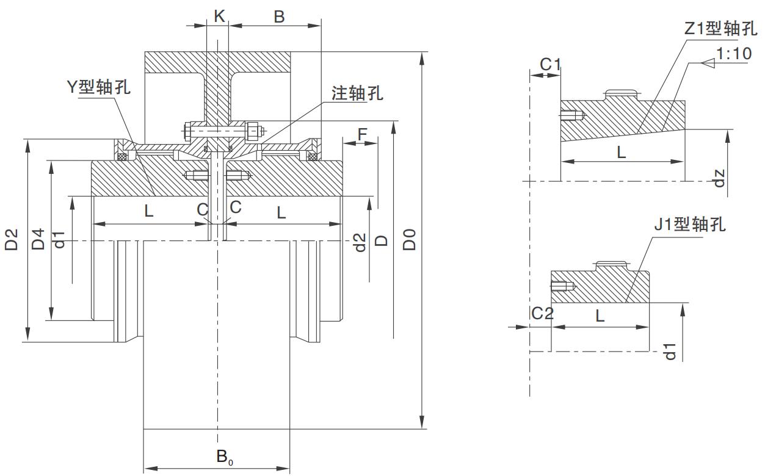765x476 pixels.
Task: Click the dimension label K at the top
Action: point(219,16)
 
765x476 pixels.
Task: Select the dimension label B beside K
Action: point(279,16)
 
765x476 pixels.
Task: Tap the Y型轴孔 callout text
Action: point(98,87)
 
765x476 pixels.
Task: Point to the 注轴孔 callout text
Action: point(357,93)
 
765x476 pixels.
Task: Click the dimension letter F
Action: point(363,134)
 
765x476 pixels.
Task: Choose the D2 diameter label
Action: point(12,240)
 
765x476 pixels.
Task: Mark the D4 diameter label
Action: point(38,240)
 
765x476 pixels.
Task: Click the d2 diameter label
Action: point(360,242)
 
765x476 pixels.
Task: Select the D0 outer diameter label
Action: point(410,240)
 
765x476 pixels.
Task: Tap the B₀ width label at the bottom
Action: point(223,456)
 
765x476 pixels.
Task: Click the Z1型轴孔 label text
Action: point(720,29)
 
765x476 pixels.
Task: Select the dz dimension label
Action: point(720,178)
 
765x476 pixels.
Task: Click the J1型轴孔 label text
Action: point(690,225)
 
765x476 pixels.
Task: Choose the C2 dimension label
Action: point(542,314)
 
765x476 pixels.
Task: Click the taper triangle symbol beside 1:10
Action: point(708,63)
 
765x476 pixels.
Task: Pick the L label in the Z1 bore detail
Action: point(621,152)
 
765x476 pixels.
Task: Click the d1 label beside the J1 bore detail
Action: point(670,352)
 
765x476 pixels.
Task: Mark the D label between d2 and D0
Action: point(382,240)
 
